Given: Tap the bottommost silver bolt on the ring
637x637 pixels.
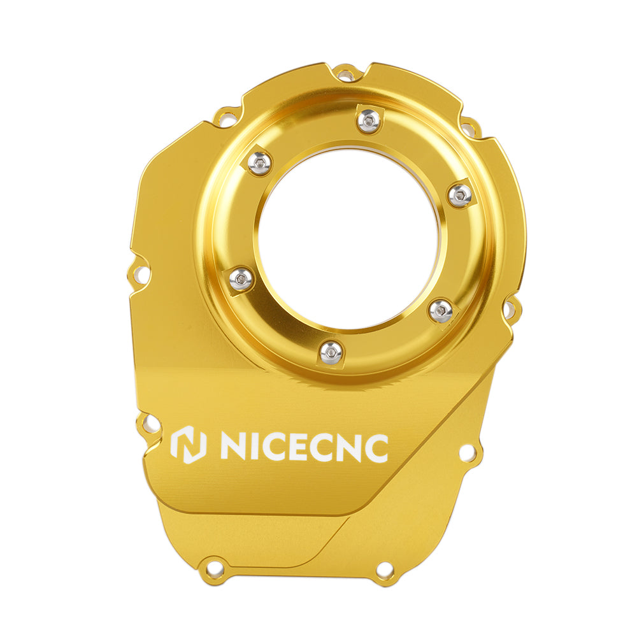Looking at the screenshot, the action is tap(331, 352).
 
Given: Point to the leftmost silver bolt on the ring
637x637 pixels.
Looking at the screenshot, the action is tap(241, 278).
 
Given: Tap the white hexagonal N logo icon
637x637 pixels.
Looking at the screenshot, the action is tap(188, 445).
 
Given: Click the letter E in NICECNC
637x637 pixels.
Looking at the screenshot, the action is tap(301, 448).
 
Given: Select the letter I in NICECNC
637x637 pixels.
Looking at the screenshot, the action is tap(252, 448).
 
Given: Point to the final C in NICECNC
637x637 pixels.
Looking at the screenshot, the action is tap(374, 448).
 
